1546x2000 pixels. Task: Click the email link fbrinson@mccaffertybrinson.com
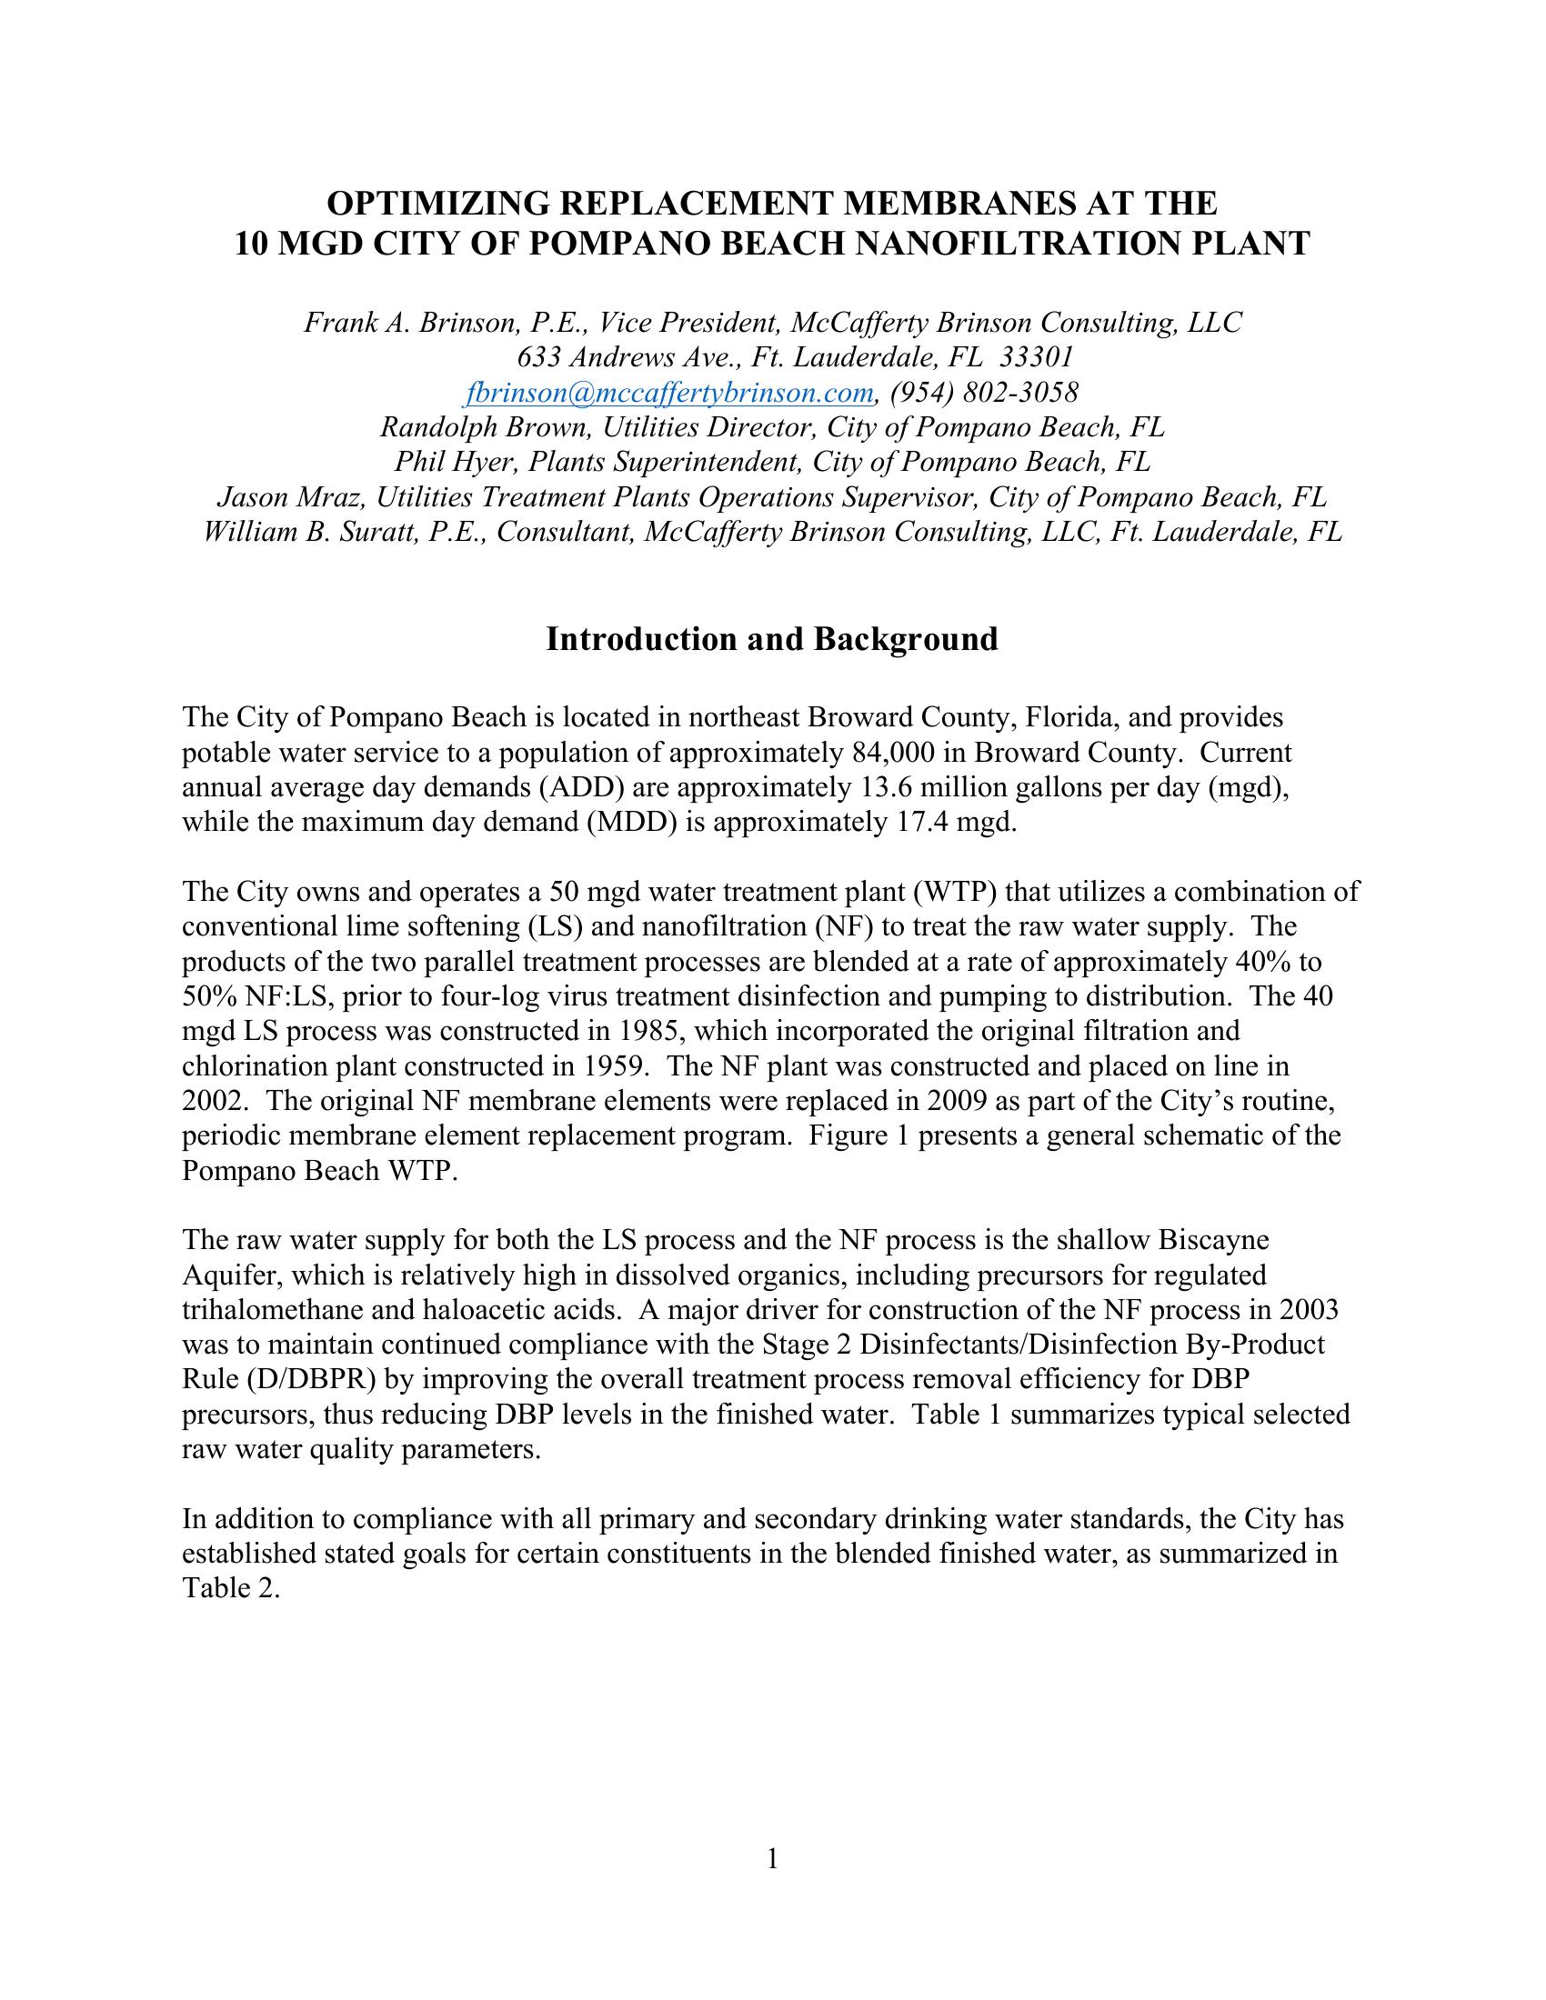(669, 393)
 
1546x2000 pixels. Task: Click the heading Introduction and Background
(772, 639)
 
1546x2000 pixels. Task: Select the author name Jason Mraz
(292, 497)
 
